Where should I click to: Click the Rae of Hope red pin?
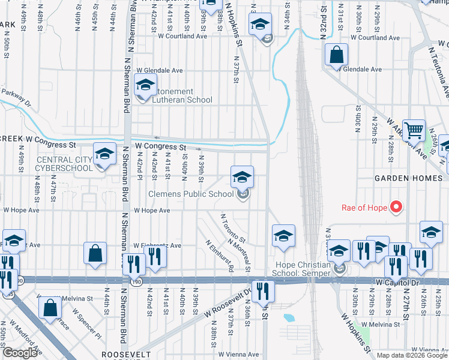click(x=396, y=208)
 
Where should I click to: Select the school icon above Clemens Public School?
click(x=243, y=177)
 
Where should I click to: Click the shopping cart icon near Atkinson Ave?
click(x=414, y=130)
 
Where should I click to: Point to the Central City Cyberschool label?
click(x=65, y=164)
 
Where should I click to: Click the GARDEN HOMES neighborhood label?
click(x=408, y=178)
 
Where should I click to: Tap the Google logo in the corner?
click(x=19, y=353)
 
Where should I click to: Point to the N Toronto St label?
click(x=234, y=226)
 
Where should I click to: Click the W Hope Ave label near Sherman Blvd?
click(x=152, y=211)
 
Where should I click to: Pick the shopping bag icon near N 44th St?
click(x=95, y=253)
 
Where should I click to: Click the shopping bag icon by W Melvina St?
click(x=50, y=307)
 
